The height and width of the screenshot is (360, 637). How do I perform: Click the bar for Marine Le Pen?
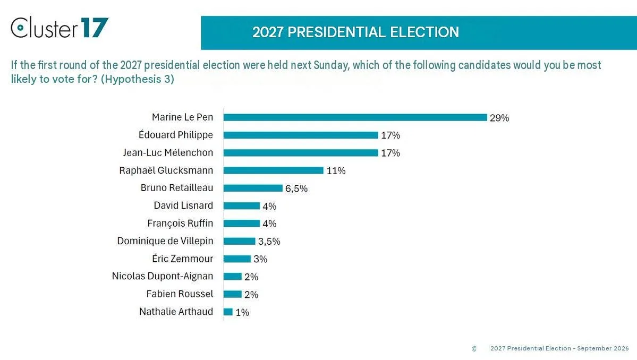tap(355, 117)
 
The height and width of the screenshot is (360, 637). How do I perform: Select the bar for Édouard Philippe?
tap(301, 135)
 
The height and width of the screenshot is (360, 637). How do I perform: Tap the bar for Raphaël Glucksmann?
tap(274, 170)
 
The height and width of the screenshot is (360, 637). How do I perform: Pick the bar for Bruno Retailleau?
tap(253, 188)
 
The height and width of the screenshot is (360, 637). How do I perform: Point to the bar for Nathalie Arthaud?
tap(228, 312)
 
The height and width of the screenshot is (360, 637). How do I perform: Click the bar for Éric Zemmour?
tap(237, 259)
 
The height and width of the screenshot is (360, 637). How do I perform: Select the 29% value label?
tap(499, 118)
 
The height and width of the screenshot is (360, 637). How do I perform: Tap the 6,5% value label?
tap(296, 188)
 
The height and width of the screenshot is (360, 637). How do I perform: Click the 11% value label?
tap(336, 171)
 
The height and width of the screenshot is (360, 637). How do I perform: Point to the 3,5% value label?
tap(269, 242)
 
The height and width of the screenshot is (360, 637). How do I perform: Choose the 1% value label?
tap(242, 312)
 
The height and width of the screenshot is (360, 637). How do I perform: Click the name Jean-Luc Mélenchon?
tap(168, 152)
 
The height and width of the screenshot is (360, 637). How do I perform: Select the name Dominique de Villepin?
tap(165, 241)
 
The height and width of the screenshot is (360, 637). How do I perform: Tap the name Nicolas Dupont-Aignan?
tap(163, 277)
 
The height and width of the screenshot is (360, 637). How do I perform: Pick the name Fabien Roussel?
tap(180, 294)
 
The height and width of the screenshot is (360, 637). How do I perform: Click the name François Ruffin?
tap(180, 223)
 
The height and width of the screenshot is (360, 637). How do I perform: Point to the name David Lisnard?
tap(183, 205)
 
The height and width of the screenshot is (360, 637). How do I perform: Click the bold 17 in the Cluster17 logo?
tap(95, 28)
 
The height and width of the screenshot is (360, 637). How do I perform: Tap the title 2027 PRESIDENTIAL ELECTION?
tap(355, 32)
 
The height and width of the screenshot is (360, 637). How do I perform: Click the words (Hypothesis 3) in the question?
tap(137, 79)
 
